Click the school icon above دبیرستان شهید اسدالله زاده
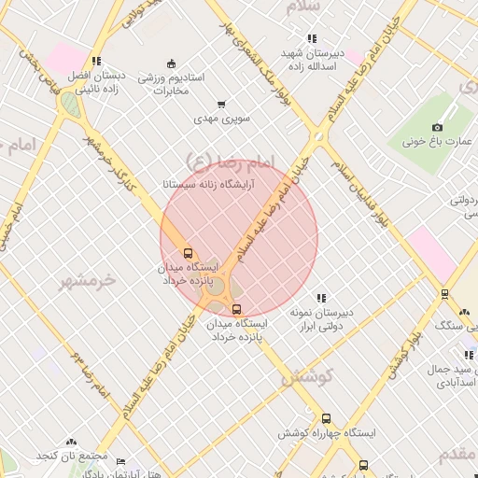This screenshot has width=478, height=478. [311, 38]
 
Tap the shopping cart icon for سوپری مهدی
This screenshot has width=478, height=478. [221, 105]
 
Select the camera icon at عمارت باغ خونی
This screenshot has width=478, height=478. [437, 127]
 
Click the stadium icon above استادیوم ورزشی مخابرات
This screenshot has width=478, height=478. [171, 63]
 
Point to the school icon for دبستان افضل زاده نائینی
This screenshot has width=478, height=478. [98, 62]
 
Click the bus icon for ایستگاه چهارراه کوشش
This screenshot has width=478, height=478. [326, 419]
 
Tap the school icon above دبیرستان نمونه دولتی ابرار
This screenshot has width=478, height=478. [321, 297]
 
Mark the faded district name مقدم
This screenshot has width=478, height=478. [457, 453]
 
